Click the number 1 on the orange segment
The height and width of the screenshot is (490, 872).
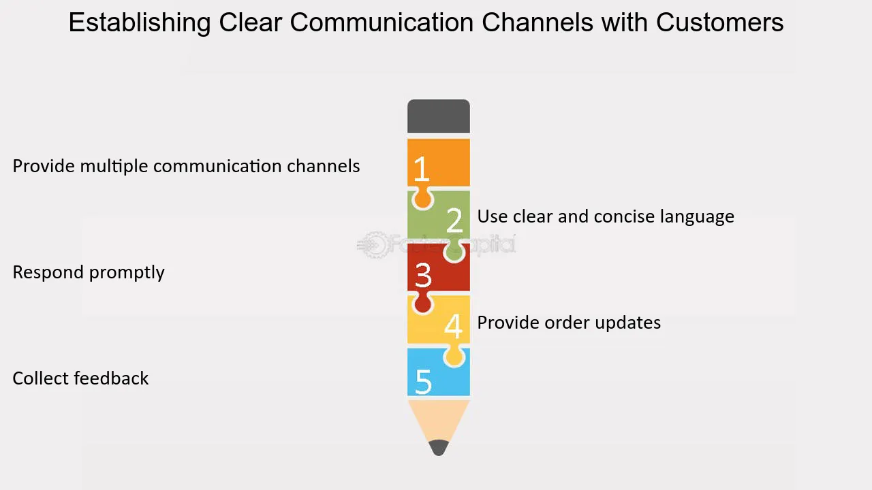coord(422,169)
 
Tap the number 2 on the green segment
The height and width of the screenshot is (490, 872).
coord(454,220)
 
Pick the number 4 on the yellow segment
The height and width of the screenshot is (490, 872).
coord(454,326)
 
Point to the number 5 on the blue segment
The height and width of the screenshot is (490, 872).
coord(423,381)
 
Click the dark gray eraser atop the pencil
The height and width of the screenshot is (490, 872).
coord(439,116)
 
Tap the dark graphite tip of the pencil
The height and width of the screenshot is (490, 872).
coord(439,448)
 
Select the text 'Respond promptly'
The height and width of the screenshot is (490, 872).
coord(89,272)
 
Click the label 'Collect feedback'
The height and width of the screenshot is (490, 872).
coord(80,378)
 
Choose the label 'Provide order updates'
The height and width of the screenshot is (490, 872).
coord(569,323)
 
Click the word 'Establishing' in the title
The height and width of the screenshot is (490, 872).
coord(140,23)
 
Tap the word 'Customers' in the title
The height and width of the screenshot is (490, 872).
coord(719,22)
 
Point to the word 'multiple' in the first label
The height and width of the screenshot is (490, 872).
coord(114,166)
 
